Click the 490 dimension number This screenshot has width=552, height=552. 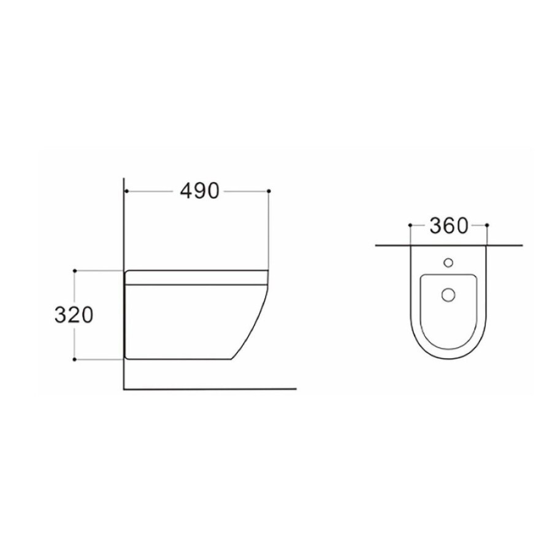point(199,191)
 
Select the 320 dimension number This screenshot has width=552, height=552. point(74,315)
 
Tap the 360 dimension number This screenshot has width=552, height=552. point(449,226)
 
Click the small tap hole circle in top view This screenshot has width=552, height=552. point(448,263)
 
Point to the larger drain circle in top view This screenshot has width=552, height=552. point(448,294)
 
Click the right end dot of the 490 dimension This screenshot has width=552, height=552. point(269,191)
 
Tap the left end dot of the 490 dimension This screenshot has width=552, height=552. point(126,191)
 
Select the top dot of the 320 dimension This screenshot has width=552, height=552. point(74,270)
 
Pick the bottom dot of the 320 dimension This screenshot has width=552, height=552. point(74,359)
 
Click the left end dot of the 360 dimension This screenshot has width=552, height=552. point(410,225)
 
